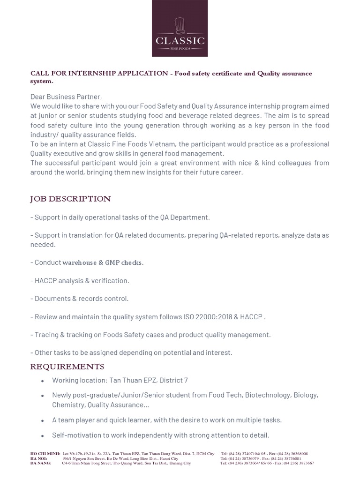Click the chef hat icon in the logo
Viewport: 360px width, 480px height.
(x=180, y=26)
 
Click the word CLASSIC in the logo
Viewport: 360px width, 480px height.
(x=180, y=41)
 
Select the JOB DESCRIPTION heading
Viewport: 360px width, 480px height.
(x=70, y=199)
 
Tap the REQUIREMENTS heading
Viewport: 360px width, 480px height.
(x=67, y=366)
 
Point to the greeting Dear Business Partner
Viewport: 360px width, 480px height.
(x=66, y=97)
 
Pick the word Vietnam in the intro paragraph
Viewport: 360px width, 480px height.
(x=156, y=144)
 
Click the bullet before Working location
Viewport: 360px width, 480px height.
(x=43, y=381)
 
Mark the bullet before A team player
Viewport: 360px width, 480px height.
(x=43, y=420)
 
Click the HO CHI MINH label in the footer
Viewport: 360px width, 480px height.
(x=45, y=454)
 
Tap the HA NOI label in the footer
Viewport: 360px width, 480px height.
(x=38, y=458)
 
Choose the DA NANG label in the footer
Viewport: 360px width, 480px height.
(x=40, y=463)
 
